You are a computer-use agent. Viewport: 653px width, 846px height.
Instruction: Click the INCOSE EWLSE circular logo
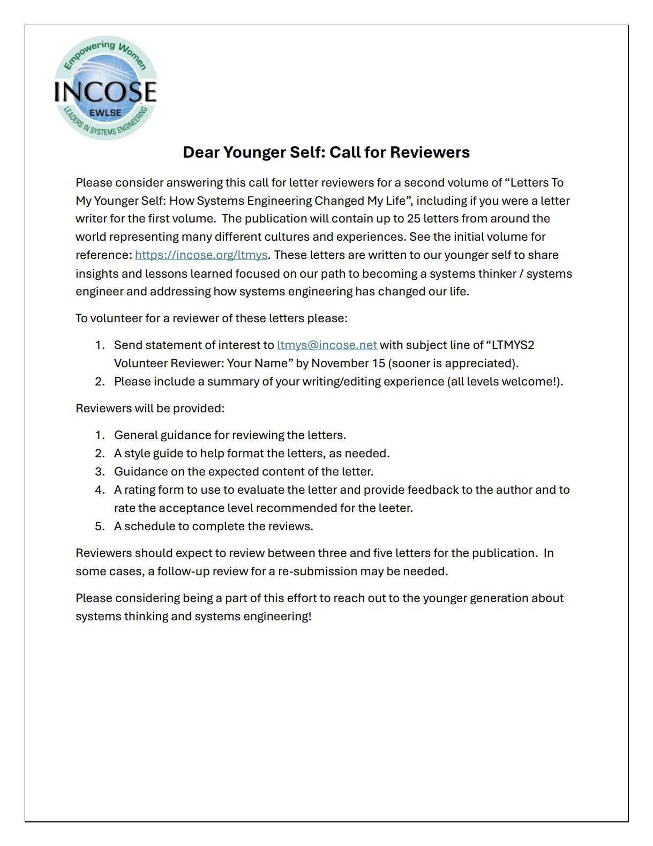pos(106,88)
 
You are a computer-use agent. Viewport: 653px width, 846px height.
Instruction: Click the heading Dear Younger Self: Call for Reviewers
pos(326,152)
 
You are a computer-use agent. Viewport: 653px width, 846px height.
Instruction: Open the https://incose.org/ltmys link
pos(201,255)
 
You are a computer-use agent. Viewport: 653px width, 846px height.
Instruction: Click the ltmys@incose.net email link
pos(327,345)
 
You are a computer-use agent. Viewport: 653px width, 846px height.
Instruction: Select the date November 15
pos(348,363)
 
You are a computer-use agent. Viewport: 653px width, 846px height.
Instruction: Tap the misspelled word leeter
pos(394,508)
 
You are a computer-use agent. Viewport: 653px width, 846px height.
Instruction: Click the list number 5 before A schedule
pos(100,526)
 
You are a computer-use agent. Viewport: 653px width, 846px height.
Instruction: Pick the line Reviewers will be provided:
pos(150,409)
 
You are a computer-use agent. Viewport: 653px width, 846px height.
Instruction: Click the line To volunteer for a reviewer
pos(211,318)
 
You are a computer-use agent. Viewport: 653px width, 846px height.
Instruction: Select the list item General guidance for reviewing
pos(230,435)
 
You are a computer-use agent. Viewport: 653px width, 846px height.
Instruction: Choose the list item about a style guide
pos(252,454)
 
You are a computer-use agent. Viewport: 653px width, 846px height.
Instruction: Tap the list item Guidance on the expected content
pos(243,472)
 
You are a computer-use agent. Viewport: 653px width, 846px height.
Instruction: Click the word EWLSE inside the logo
pos(106,113)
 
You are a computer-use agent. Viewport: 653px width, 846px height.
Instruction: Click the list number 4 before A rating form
pos(100,490)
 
